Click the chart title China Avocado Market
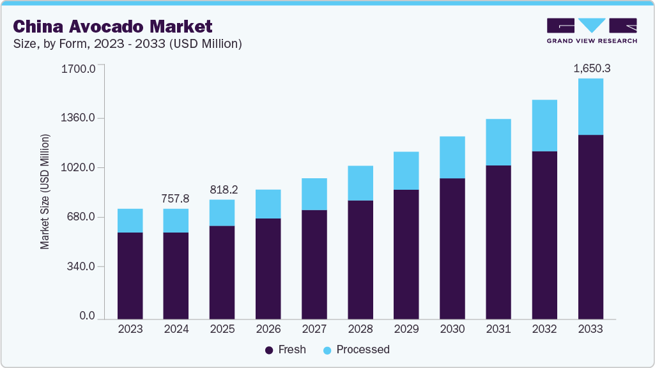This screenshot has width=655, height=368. tap(112, 27)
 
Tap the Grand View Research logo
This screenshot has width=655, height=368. tap(592, 30)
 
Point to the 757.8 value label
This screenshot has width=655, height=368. tap(176, 199)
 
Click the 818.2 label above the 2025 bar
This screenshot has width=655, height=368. tap(222, 190)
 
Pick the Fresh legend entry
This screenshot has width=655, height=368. tap(286, 349)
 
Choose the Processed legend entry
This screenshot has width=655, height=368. tap(356, 349)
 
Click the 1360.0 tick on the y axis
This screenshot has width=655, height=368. tap(78, 118)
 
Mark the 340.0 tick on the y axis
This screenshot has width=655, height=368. tap(81, 266)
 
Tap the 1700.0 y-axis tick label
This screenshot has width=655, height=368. tap(78, 68)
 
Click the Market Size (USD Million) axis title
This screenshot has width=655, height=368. tap(45, 192)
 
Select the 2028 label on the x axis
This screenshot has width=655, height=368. tap(360, 329)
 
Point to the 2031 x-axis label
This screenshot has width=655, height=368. tap(498, 329)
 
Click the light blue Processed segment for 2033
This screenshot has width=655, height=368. tap(590, 107)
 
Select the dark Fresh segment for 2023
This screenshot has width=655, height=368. tap(130, 275)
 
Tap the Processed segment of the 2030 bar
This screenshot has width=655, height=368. tap(452, 157)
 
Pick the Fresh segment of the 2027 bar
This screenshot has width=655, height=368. tap(314, 264)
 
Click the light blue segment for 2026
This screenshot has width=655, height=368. tap(268, 204)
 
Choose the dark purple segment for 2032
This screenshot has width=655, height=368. tap(544, 234)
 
